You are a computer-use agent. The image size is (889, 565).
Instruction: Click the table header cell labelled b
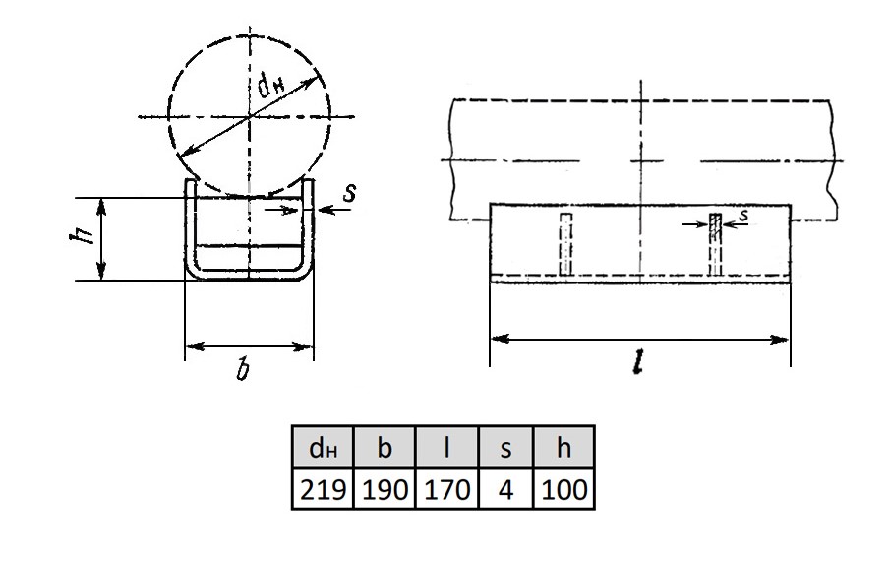tap(385, 447)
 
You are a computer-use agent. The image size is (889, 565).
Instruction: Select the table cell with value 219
tap(323, 488)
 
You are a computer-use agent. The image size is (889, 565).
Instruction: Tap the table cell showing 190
tap(385, 488)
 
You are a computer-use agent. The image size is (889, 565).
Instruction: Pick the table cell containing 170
tap(447, 488)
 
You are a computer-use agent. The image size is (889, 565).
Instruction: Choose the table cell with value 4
tap(505, 488)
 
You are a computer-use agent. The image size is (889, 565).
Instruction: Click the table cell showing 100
tap(563, 488)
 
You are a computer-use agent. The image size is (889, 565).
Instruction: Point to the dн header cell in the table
tap(323, 447)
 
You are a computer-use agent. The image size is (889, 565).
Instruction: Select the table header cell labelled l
tap(447, 447)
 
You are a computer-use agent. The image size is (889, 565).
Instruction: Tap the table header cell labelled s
tap(505, 447)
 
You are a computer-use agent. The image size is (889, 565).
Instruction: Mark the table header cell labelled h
tap(563, 447)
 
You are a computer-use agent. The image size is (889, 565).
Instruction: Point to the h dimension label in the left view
tap(82, 234)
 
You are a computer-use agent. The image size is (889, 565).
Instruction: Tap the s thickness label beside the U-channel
tap(350, 192)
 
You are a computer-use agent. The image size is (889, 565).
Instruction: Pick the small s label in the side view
tap(743, 215)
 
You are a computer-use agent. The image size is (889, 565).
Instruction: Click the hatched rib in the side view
tap(716, 244)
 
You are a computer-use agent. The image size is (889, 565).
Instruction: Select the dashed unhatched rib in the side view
tap(565, 244)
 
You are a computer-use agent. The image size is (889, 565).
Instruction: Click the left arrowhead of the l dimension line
tap(500, 340)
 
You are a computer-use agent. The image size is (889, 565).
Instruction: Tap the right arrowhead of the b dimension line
tap(302, 345)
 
